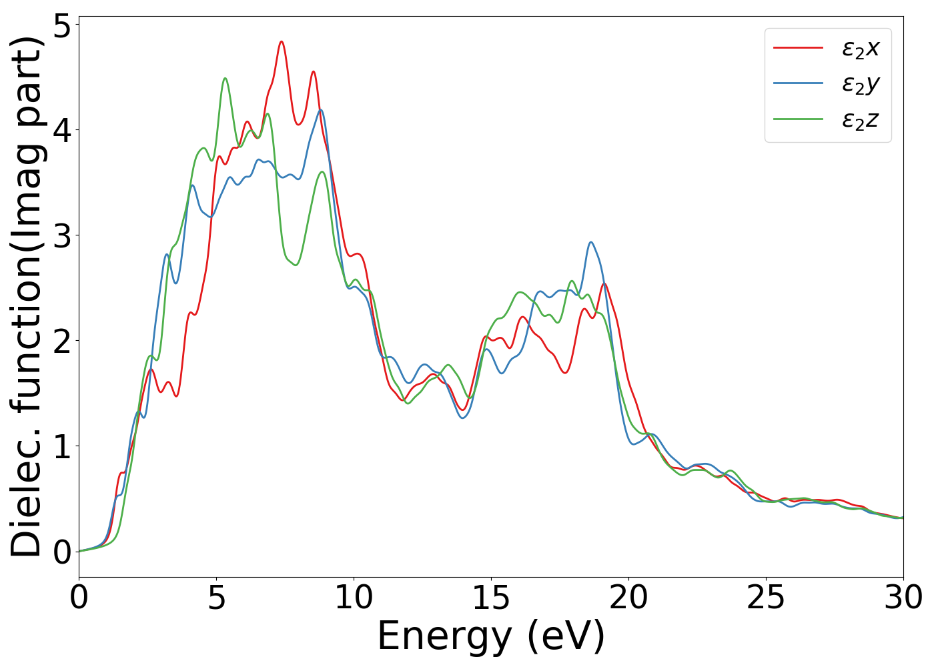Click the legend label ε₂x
click(861, 48)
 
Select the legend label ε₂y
click(861, 84)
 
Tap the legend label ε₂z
click(861, 120)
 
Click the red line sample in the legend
click(799, 48)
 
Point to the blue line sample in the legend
click(799, 83)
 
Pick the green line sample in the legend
click(799, 119)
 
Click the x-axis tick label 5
click(217, 598)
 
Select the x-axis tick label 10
click(354, 598)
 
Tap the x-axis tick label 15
click(491, 598)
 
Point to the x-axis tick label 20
click(628, 598)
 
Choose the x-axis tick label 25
click(766, 598)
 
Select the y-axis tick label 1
click(61, 446)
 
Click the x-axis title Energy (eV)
click(491, 636)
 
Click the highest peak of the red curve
click(282, 41)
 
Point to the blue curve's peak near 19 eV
click(590, 242)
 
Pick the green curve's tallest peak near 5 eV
click(225, 78)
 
